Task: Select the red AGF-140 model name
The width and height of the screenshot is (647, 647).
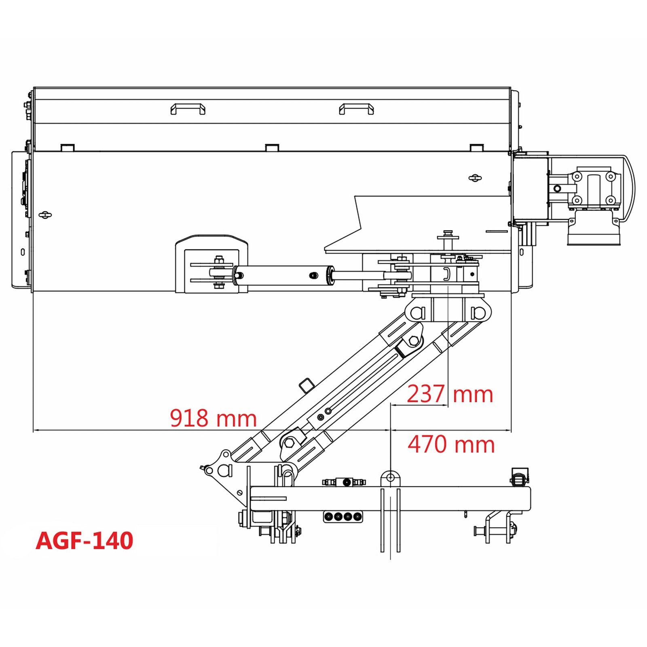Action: point(85,540)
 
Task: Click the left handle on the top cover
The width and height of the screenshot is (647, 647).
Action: point(188,108)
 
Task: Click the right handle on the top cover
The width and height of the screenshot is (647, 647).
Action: point(356,108)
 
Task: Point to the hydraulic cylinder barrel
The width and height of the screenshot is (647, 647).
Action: point(283,276)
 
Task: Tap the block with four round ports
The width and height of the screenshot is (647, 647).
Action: point(343,516)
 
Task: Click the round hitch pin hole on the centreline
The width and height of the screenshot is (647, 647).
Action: point(390,478)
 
